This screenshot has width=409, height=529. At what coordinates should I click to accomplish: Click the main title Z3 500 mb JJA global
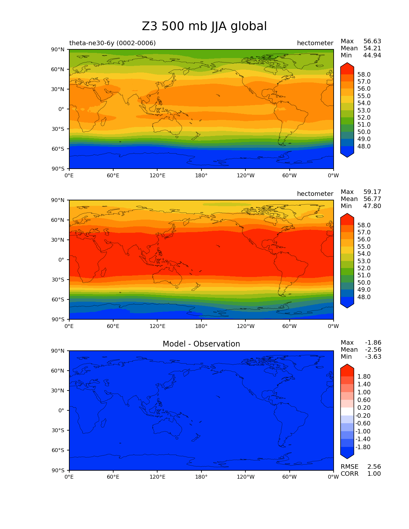click(x=204, y=26)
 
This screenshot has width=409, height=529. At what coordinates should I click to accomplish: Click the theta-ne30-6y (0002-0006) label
click(x=112, y=43)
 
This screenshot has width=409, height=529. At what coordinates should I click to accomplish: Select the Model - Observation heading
click(x=201, y=344)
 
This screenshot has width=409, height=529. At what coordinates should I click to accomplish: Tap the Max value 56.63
click(x=372, y=41)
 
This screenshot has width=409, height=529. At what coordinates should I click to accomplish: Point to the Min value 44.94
click(x=372, y=55)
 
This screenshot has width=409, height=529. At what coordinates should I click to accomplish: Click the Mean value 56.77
click(x=372, y=199)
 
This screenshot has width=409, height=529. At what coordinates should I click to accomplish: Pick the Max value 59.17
click(x=372, y=192)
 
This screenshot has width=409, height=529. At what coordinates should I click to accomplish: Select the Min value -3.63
click(x=373, y=357)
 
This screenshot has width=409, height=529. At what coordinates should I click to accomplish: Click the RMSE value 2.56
click(x=374, y=467)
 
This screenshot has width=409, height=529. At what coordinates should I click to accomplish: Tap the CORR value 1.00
click(x=374, y=474)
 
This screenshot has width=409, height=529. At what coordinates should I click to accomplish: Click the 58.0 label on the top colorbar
click(x=364, y=75)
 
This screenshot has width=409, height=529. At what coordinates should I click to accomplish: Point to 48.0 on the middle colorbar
click(x=364, y=297)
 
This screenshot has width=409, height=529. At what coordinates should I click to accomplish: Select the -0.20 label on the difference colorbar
click(x=363, y=416)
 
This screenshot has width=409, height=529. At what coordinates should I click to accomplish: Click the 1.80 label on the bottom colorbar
click(x=364, y=377)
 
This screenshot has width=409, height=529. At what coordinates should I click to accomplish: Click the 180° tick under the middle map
click(x=201, y=326)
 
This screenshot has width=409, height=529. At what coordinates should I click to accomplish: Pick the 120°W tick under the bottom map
click(x=245, y=477)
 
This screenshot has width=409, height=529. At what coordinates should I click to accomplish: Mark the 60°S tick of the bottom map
click(x=58, y=450)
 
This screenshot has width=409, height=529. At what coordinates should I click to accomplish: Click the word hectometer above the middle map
click(x=315, y=194)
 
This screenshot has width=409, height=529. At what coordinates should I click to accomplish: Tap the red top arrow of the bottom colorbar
click(x=347, y=368)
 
